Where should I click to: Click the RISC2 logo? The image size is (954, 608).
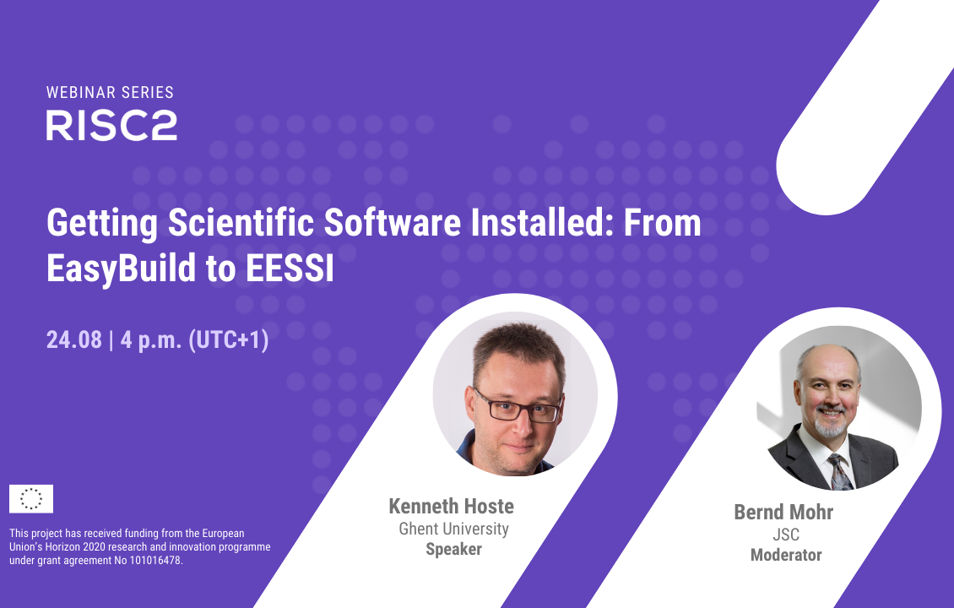(x=111, y=125)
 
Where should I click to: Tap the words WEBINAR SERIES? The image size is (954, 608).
(x=110, y=93)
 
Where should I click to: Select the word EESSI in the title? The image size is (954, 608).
(x=290, y=268)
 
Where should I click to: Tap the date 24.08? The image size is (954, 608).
(x=74, y=339)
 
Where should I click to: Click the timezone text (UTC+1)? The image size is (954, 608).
(x=229, y=339)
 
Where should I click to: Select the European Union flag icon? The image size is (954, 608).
(x=31, y=499)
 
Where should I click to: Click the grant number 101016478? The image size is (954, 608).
(x=155, y=561)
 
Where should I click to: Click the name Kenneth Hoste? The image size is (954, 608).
(x=452, y=506)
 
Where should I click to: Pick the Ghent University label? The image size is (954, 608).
(x=454, y=529)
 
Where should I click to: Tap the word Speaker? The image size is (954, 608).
(x=454, y=549)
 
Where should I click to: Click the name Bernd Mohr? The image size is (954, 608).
(x=783, y=512)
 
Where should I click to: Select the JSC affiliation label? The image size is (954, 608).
(x=786, y=535)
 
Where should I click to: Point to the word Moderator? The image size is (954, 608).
(x=786, y=555)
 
